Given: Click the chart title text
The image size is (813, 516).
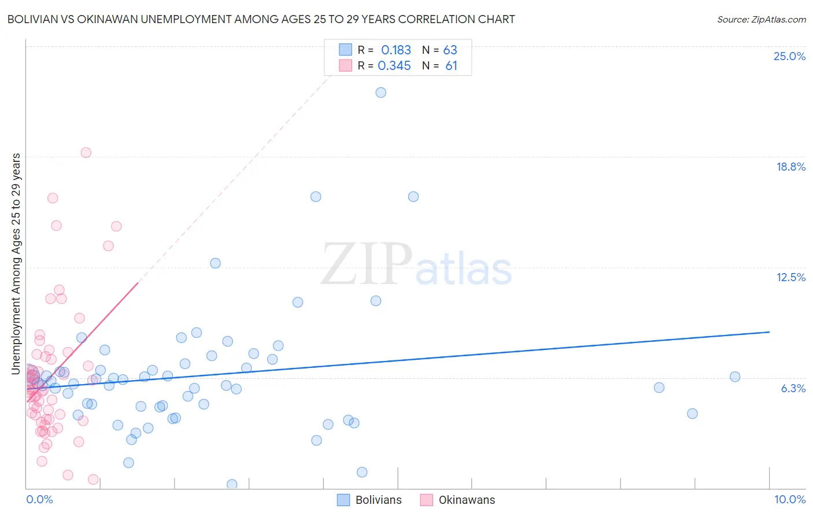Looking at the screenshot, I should pyautogui.click(x=261, y=19).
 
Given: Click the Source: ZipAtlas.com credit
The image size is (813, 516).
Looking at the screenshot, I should pyautogui.click(x=761, y=19).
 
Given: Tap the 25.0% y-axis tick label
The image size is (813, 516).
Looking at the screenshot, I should pyautogui.click(x=789, y=56).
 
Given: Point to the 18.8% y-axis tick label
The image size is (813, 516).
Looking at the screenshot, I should pyautogui.click(x=790, y=167).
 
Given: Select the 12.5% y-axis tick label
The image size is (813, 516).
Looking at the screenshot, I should pyautogui.click(x=790, y=277).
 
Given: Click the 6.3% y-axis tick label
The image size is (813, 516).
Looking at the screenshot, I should pyautogui.click(x=793, y=388).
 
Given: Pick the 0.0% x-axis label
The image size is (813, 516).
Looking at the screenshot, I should pyautogui.click(x=39, y=499).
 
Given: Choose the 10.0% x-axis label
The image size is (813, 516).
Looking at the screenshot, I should pyautogui.click(x=789, y=499).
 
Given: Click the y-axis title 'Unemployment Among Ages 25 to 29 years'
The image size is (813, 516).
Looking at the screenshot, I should pyautogui.click(x=16, y=264).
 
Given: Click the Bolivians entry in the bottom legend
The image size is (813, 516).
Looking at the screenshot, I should pyautogui.click(x=378, y=500).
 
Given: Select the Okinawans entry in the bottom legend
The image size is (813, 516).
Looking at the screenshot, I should pyautogui.click(x=467, y=500).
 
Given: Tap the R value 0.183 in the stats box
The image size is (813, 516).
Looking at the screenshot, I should pyautogui.click(x=396, y=50).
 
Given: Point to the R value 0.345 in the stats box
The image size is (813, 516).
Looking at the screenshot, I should pyautogui.click(x=394, y=66).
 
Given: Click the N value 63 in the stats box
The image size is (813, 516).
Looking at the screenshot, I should pyautogui.click(x=450, y=50).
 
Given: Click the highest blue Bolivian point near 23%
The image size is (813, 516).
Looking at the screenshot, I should pyautogui.click(x=380, y=93).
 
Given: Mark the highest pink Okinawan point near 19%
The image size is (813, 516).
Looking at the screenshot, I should pyautogui.click(x=86, y=153).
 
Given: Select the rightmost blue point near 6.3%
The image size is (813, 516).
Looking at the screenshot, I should pyautogui.click(x=735, y=377).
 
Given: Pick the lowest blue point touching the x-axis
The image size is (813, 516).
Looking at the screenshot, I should pyautogui.click(x=232, y=484).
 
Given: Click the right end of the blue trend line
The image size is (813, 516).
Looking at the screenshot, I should pyautogui.click(x=769, y=332).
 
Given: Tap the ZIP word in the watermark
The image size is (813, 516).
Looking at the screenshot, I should pyautogui.click(x=367, y=264).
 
